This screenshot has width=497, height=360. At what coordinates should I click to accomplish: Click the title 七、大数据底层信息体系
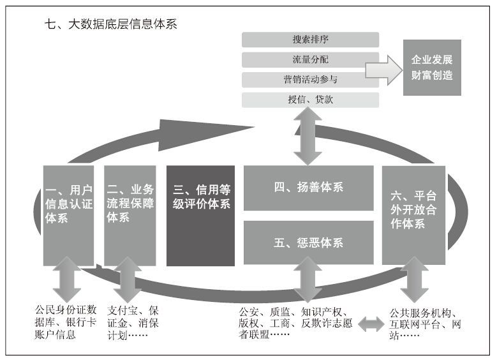(110, 24)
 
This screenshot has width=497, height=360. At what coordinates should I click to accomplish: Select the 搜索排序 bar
(310, 40)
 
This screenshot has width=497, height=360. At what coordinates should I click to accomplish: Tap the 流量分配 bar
(310, 59)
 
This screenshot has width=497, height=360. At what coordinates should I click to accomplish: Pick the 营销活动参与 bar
(310, 80)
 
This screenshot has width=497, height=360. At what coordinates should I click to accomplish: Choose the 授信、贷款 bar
(310, 100)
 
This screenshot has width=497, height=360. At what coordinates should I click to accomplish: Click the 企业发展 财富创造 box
(432, 67)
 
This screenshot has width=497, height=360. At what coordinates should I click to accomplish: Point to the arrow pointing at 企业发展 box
(384, 70)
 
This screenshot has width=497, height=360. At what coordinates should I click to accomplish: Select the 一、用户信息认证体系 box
(68, 215)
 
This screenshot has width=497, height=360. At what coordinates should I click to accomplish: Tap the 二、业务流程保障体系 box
(130, 215)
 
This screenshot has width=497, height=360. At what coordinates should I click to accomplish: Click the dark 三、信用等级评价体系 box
(200, 216)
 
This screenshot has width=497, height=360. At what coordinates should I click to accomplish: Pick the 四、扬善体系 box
(308, 188)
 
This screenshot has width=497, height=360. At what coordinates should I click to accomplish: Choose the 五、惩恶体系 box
(308, 243)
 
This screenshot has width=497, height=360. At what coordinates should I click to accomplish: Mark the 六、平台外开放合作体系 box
(413, 215)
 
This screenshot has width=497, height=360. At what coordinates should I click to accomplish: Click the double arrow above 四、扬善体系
(308, 136)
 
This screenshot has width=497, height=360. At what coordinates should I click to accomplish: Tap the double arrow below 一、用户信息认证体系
(67, 279)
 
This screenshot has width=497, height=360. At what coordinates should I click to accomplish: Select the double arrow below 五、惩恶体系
(308, 279)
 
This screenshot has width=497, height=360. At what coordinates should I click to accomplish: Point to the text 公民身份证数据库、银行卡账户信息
(66, 322)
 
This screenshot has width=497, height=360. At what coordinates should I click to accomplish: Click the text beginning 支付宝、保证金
(133, 323)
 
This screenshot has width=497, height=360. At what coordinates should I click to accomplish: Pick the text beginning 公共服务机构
(425, 324)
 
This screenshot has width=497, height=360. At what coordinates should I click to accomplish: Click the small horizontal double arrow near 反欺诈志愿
(371, 324)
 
